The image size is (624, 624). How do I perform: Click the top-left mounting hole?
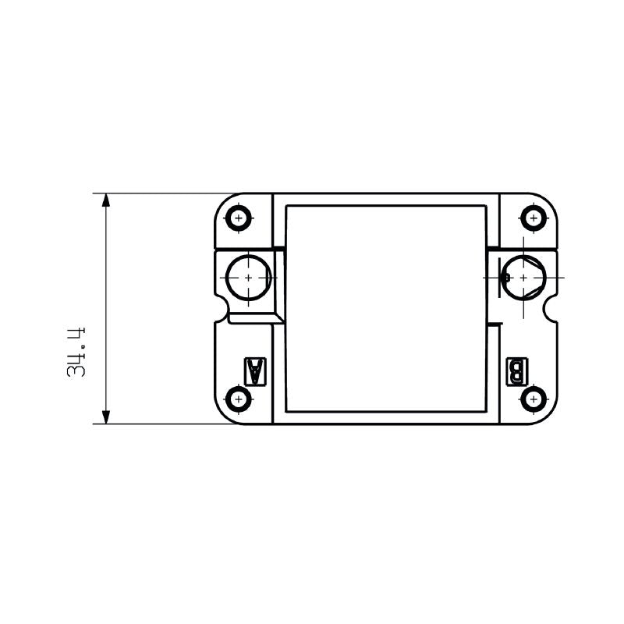click(x=239, y=218)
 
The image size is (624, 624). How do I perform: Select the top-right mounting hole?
click(x=534, y=218)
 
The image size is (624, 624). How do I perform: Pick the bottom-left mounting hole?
click(x=239, y=399)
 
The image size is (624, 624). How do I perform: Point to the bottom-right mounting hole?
click(x=534, y=399)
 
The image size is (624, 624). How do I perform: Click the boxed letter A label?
click(x=254, y=371)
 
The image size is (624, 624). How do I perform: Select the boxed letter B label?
click(x=517, y=371)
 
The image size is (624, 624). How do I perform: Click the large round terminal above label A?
click(x=249, y=277)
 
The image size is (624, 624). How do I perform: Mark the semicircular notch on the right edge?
click(x=554, y=312)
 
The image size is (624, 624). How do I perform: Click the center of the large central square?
click(x=385, y=308)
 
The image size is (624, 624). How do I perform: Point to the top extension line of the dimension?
click(x=156, y=193)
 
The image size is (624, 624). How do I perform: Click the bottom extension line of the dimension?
click(x=156, y=424)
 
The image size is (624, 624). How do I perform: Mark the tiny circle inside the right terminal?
click(x=505, y=277)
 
